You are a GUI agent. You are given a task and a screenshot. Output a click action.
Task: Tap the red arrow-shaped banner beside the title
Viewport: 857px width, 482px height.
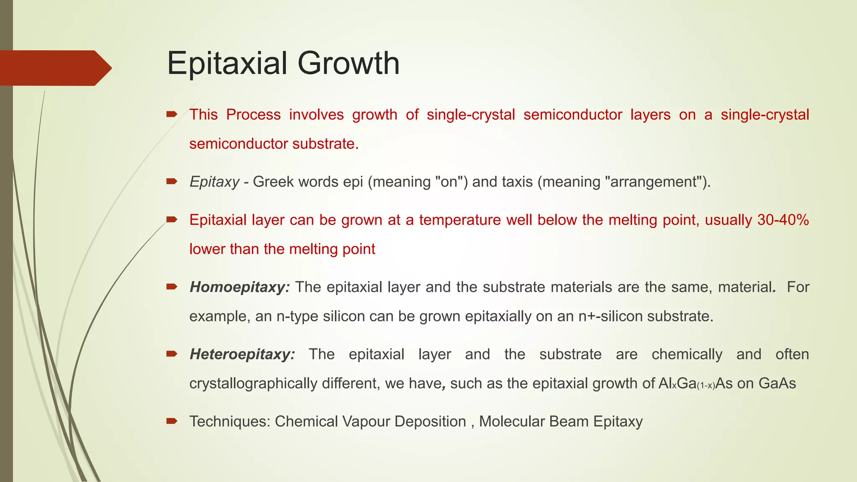tap(54, 68)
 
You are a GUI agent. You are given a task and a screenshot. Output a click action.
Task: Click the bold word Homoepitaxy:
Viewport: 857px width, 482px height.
tap(239, 287)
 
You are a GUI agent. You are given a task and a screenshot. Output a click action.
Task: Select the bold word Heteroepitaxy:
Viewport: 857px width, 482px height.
tap(242, 354)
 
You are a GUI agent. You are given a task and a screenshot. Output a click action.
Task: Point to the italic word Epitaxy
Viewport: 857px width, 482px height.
tap(214, 182)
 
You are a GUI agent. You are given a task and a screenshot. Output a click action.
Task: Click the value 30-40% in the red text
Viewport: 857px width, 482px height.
tap(783, 220)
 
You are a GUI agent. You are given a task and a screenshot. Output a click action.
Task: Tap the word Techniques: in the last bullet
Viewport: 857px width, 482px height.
tap(230, 421)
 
